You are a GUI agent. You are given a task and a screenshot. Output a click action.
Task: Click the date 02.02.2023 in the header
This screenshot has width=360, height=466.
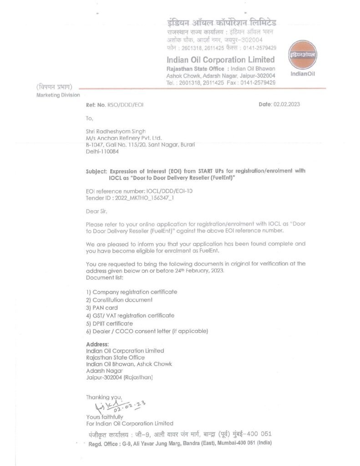point(286,105)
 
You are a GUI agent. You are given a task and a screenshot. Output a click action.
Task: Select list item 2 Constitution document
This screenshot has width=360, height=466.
point(119,300)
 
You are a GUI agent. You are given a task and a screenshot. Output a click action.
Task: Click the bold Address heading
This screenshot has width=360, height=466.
point(97,344)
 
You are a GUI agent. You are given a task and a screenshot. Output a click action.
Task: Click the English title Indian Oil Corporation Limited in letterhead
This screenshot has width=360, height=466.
point(221,60)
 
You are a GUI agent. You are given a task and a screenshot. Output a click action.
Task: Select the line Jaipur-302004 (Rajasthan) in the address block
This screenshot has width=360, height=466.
point(119,377)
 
